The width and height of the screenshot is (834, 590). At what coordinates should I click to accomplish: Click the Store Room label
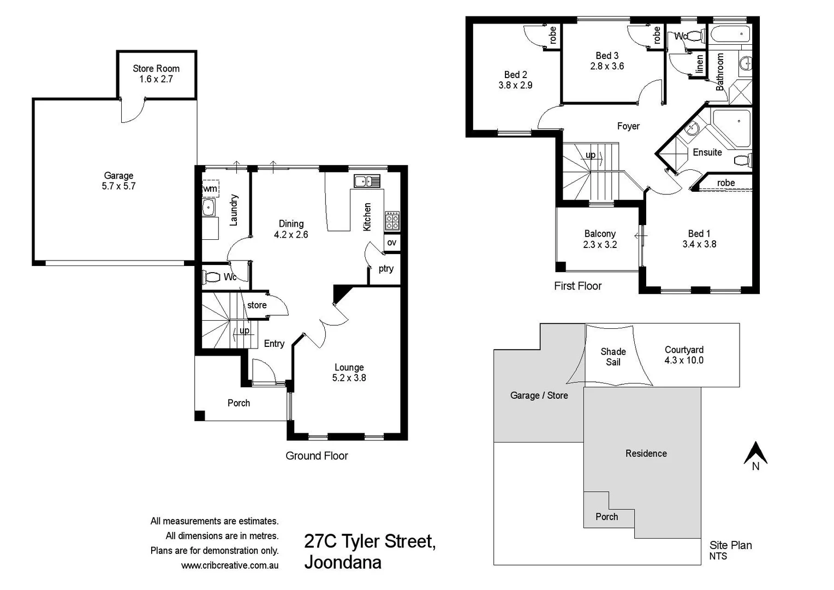156,69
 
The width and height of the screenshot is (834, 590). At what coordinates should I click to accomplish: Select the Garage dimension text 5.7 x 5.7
118,186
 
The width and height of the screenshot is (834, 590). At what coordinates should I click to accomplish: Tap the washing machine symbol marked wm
210,189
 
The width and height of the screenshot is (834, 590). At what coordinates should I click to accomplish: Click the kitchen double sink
367,181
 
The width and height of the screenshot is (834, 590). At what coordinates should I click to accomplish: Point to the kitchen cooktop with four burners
392,221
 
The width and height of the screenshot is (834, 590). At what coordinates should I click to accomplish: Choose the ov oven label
392,243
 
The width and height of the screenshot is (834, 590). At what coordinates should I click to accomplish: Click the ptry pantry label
386,269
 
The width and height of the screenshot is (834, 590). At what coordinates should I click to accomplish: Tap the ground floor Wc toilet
213,277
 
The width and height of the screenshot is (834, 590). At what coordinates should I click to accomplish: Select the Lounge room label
349,368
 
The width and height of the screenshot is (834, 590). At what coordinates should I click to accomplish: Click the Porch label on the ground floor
239,403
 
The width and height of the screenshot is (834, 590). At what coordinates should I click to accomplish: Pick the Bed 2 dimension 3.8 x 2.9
515,85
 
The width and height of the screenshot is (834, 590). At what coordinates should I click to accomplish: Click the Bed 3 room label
607,56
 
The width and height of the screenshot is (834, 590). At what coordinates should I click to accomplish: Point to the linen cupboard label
700,64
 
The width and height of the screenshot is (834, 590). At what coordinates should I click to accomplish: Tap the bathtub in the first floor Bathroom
730,34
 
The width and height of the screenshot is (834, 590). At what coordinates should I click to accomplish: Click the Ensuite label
707,152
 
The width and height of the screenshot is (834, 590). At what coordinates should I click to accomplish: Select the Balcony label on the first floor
600,234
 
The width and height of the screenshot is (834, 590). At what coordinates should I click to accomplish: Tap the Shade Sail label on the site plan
613,357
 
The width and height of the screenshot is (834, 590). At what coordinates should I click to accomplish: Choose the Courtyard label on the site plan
684,350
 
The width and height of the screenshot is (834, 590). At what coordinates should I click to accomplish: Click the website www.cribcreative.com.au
230,565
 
